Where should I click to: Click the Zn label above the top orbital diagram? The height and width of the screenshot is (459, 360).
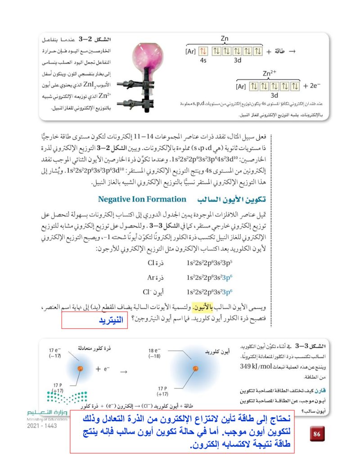pyautogui.click(x=225, y=38)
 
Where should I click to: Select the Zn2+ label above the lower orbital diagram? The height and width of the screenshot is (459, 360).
pyautogui.click(x=270, y=73)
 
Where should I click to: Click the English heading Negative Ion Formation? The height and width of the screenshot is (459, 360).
pyautogui.click(x=142, y=199)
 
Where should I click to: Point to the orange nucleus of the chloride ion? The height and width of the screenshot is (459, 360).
pyautogui.click(x=195, y=369)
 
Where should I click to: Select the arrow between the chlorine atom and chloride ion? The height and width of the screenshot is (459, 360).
pyautogui.click(x=123, y=372)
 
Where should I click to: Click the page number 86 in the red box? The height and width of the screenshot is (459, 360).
pyautogui.click(x=316, y=434)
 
